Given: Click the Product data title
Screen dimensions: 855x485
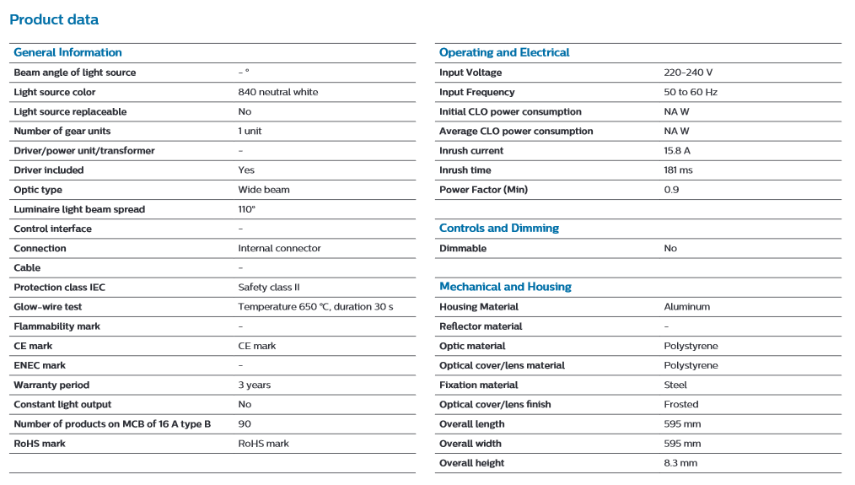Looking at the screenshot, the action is tap(54, 19).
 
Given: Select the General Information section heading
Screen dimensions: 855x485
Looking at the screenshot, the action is tap(67, 52).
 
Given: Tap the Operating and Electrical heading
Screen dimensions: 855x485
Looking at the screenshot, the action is tap(504, 52).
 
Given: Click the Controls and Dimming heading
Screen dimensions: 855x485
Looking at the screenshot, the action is tap(499, 228).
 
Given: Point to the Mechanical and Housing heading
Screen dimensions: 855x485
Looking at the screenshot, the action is tap(505, 287).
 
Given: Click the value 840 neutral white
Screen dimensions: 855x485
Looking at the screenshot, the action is tap(278, 92).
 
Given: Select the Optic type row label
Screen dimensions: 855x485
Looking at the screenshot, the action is tap(38, 190).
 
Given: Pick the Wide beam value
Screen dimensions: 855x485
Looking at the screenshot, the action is tap(264, 190).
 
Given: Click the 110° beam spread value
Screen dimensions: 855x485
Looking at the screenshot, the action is tap(246, 209).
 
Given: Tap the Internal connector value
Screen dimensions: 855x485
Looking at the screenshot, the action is tap(279, 248).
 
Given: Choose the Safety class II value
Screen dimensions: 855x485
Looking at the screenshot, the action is tap(269, 288).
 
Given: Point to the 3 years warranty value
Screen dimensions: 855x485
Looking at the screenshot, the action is tap(255, 385).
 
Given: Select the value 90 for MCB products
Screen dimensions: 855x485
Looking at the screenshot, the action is tap(245, 424).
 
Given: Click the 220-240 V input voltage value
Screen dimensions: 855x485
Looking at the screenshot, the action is tap(688, 73).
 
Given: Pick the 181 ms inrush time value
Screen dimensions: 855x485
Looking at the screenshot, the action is tap(678, 170).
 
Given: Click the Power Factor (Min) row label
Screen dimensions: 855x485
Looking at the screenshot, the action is tap(484, 190).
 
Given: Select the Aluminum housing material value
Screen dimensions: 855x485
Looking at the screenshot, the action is tap(687, 306).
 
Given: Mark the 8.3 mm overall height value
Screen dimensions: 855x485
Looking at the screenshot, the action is tap(680, 463).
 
